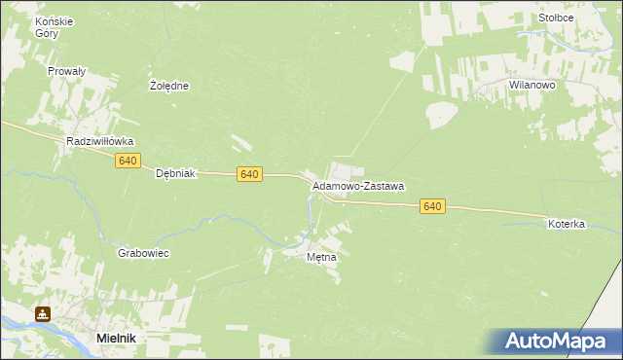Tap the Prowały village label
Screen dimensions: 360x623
pyautogui.click(x=67, y=71)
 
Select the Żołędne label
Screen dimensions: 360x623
pyautogui.click(x=168, y=86)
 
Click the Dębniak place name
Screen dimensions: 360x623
pyautogui.click(x=176, y=174)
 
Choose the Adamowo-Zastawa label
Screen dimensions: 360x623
pyautogui.click(x=357, y=185)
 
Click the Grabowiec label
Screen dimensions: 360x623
pyautogui.click(x=143, y=253)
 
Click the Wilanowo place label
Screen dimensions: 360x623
pyautogui.click(x=531, y=86)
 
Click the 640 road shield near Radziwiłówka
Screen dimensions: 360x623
pyautogui.click(x=128, y=161)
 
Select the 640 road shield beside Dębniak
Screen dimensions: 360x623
pyautogui.click(x=249, y=174)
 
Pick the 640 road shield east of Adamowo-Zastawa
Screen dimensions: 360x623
pyautogui.click(x=433, y=206)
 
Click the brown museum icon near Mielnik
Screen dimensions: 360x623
pyautogui.click(x=42, y=314)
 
